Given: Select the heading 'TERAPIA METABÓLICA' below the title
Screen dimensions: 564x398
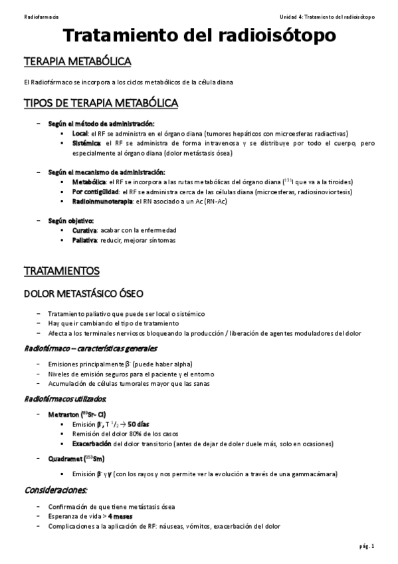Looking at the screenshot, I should [77, 62].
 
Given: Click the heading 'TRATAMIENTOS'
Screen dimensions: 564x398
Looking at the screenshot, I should [61, 271].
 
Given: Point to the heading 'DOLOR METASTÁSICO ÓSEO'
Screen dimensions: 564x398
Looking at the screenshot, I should [82, 293].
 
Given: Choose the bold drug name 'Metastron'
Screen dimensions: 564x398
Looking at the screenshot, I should [64, 414].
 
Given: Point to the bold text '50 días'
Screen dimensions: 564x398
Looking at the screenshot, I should [138, 424].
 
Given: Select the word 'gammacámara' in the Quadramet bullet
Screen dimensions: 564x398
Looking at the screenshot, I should [315, 474].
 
